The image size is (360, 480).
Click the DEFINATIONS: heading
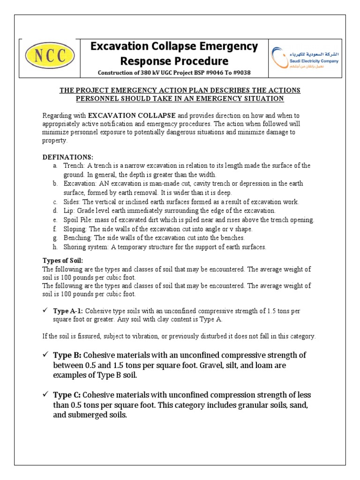68,157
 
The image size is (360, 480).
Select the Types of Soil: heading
63,261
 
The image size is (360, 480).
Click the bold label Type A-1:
68,311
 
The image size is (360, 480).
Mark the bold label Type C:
68,395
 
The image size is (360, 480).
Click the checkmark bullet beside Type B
45,354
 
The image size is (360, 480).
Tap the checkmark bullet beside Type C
45,395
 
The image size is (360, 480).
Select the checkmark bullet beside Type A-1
45,311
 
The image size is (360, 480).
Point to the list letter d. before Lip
55,211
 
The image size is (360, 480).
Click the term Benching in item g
76,238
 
